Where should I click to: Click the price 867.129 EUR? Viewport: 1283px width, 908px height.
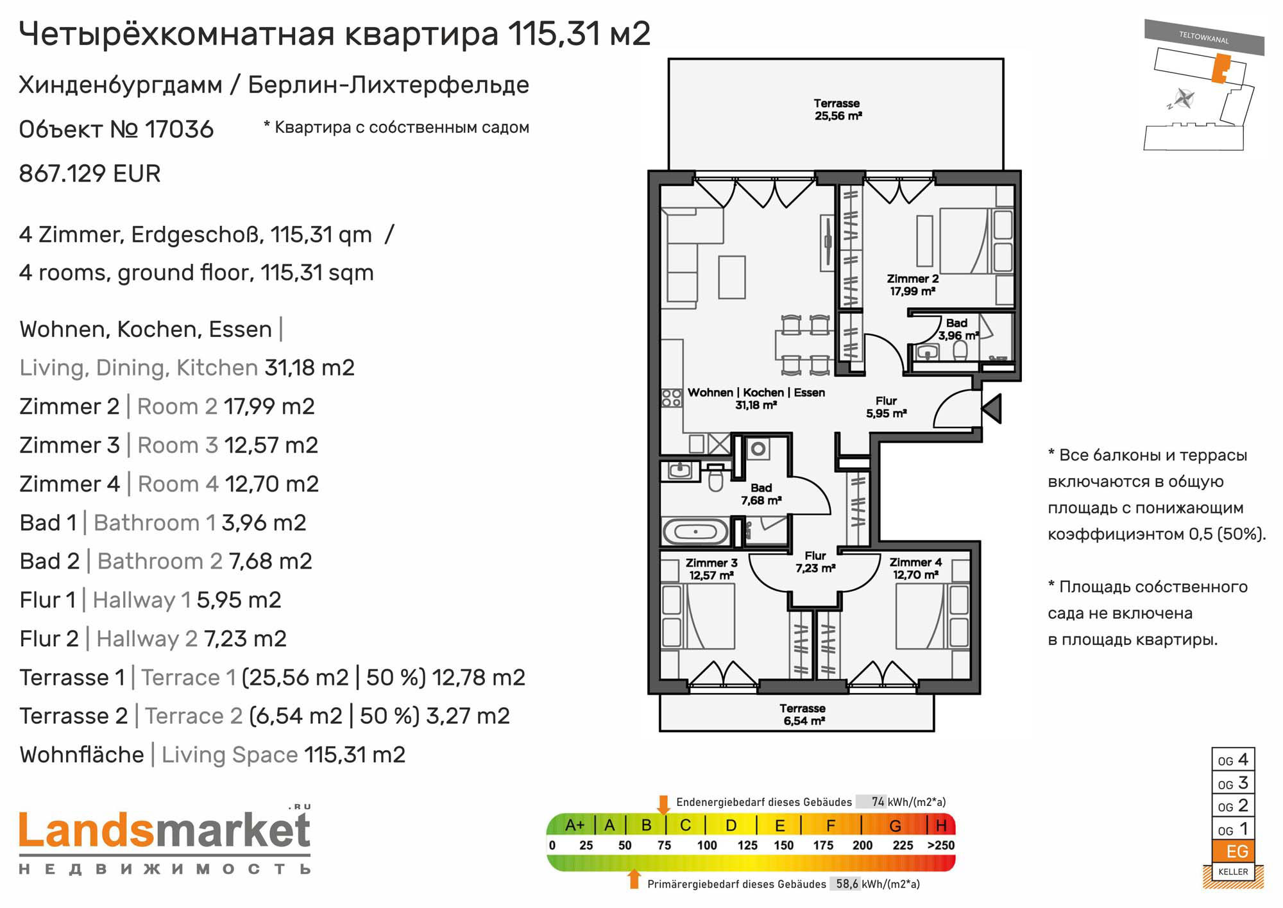[90, 173]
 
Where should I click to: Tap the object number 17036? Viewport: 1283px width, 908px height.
[179, 129]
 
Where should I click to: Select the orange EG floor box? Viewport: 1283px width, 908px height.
[1233, 852]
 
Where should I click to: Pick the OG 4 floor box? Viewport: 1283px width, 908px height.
[1233, 760]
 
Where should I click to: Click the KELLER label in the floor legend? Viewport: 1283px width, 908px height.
[1233, 872]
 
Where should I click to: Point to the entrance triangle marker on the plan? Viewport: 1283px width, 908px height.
[992, 408]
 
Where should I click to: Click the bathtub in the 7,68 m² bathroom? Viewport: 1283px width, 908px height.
[695, 532]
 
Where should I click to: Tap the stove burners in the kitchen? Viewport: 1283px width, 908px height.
[672, 398]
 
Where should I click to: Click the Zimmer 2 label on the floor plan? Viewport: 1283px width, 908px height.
[912, 285]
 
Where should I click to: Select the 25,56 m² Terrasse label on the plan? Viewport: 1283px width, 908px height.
[837, 110]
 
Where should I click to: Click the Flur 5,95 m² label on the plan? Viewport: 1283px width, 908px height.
[886, 407]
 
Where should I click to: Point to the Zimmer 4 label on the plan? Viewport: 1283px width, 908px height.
[915, 569]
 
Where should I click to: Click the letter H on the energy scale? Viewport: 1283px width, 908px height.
[941, 825]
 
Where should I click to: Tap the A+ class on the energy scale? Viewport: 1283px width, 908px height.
[575, 825]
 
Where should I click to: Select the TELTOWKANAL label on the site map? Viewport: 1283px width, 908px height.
[1203, 37]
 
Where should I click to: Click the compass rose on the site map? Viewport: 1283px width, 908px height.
[1184, 99]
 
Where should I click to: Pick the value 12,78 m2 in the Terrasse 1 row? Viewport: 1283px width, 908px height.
[479, 678]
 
